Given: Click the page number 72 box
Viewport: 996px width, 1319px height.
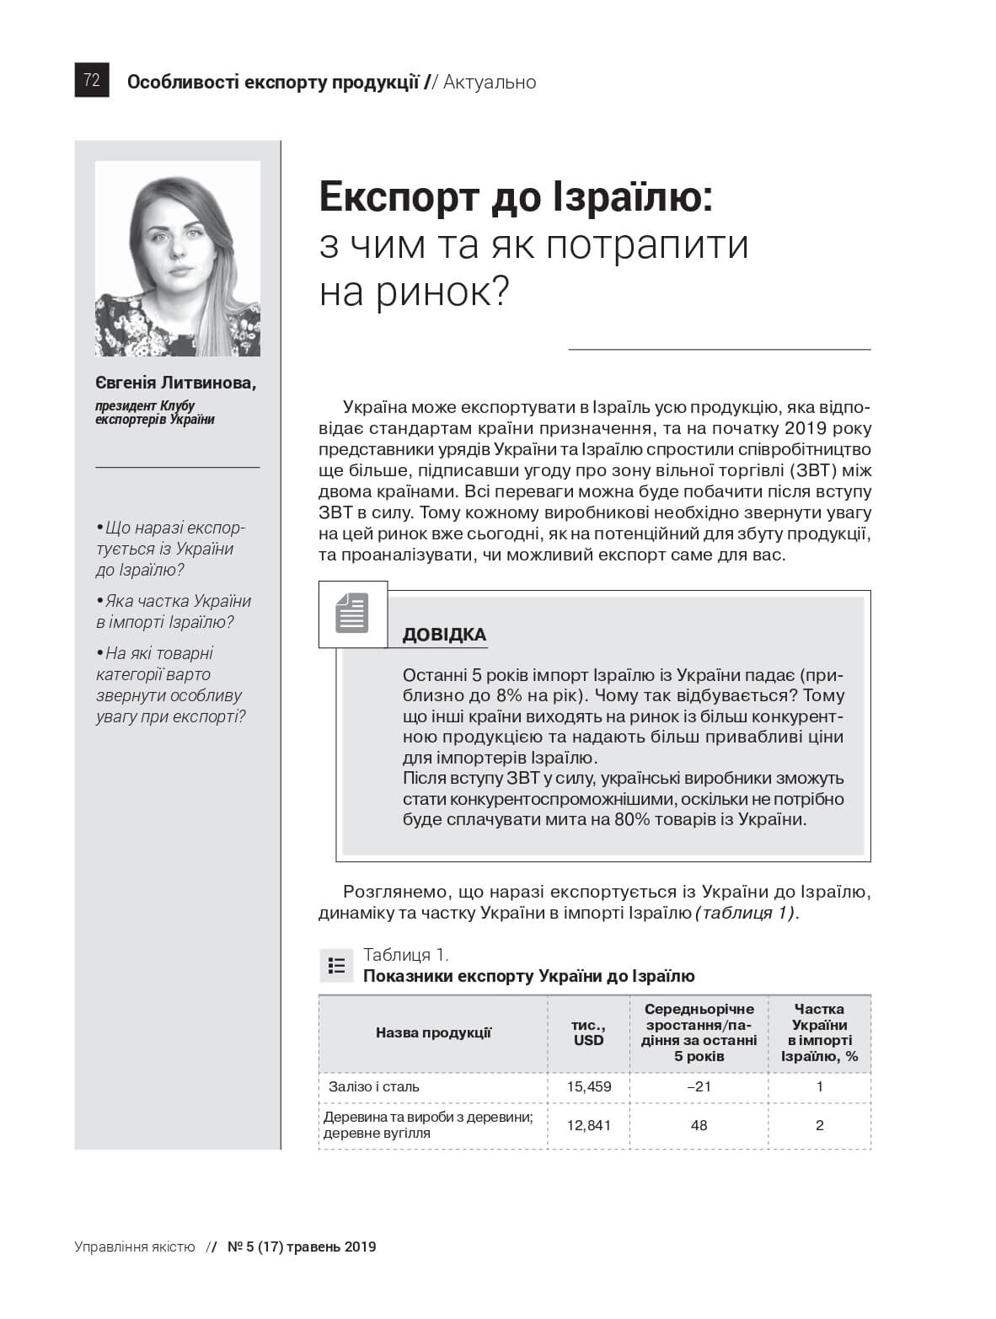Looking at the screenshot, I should [x=92, y=81].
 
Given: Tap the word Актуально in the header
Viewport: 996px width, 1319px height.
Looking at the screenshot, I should [x=489, y=82].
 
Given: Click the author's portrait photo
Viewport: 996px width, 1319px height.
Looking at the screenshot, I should [x=177, y=258].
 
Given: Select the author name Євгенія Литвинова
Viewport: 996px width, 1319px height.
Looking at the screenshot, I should [x=175, y=383].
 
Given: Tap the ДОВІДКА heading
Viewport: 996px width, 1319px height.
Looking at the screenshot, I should [x=444, y=635].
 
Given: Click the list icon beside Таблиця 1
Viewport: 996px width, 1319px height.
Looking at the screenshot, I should [x=336, y=965].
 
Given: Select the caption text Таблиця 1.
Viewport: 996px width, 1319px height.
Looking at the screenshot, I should [x=405, y=954].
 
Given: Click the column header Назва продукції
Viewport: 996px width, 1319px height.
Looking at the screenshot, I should [x=433, y=1032].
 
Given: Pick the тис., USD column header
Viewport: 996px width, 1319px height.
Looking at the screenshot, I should [x=588, y=1032].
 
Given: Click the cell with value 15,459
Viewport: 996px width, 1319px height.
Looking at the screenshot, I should [x=588, y=1086].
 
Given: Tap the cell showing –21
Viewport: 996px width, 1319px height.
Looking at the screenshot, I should [x=699, y=1086].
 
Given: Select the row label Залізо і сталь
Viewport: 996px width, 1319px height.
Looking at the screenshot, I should [x=374, y=1086].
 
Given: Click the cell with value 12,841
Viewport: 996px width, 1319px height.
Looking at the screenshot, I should [x=588, y=1125].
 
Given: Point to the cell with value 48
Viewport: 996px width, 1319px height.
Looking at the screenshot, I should [x=699, y=1125].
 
